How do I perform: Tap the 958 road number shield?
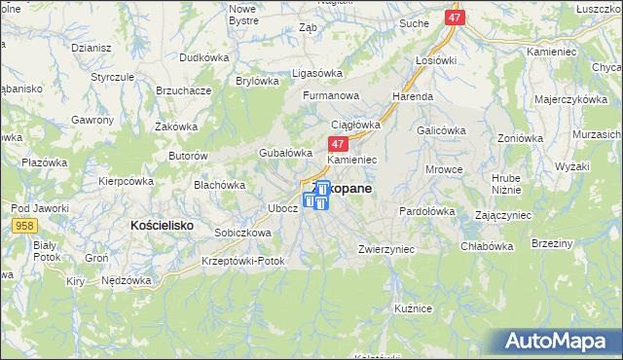pyautogui.click(x=25, y=226)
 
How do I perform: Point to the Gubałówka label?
pyautogui.click(x=284, y=153)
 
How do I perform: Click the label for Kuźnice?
pyautogui.click(x=413, y=307)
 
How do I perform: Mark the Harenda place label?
pyautogui.click(x=413, y=97)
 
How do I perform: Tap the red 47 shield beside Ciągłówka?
pyautogui.click(x=327, y=143)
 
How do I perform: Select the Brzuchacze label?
pyautogui.click(x=184, y=90)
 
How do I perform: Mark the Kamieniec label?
pyautogui.click(x=352, y=159)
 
